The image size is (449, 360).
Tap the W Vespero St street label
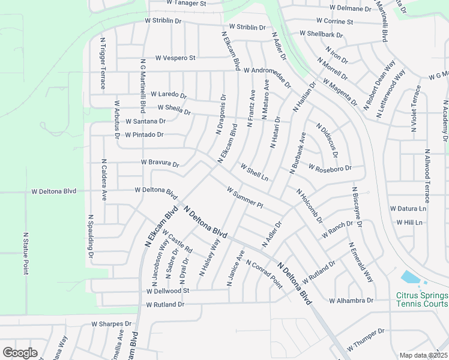coord(175,58)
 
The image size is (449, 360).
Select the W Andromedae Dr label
coord(267,77)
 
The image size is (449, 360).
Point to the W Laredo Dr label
coord(168,95)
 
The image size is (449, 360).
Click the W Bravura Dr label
coord(160,163)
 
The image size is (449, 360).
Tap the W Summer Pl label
coord(245,197)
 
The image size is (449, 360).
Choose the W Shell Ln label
coord(254,172)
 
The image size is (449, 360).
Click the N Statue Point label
coord(26,254)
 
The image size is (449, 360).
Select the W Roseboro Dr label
coord(329,168)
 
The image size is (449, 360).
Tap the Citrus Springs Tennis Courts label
coord(422,299)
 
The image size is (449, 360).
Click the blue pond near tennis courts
coord(410,277)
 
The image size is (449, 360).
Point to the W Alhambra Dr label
coord(351,300)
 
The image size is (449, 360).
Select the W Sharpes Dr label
coord(111,323)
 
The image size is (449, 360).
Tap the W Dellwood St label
coord(167,290)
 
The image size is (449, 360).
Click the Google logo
coord(20,353)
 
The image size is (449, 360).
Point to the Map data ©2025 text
coord(423,356)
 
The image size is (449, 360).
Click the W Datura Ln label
coord(408,209)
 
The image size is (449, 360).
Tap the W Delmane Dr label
coord(351,8)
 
